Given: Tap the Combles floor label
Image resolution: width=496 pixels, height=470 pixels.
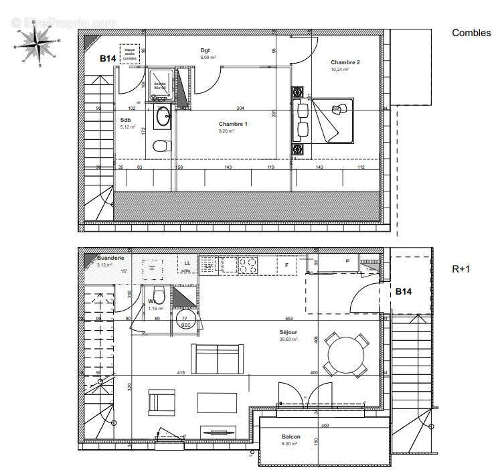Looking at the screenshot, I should pyautogui.click(x=471, y=33).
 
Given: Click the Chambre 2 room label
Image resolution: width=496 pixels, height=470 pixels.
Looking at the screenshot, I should pyautogui.click(x=345, y=63).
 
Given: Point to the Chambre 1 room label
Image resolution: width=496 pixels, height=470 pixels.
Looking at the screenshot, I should pyautogui.click(x=233, y=125).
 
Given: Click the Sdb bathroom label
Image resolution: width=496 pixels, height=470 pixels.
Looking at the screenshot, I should pyautogui.click(x=125, y=121).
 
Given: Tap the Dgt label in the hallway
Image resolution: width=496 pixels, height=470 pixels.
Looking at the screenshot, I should pyautogui.click(x=205, y=51).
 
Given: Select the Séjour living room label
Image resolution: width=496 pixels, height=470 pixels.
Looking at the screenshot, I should pyautogui.click(x=288, y=332).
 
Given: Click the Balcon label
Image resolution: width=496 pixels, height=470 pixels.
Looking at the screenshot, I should pyautogui.click(x=291, y=437).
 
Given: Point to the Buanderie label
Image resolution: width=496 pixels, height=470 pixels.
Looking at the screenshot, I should pyautogui.click(x=109, y=257).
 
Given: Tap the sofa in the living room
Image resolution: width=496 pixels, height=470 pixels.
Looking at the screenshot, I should pyautogui.click(x=216, y=359).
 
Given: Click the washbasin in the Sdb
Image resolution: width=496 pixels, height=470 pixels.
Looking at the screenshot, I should pyautogui.click(x=163, y=118).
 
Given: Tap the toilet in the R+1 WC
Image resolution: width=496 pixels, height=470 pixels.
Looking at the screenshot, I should pyautogui.click(x=159, y=295).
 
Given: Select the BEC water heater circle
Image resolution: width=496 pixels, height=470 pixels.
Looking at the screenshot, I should pyautogui.click(x=185, y=321).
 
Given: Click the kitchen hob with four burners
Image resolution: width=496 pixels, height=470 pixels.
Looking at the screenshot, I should pyautogui.click(x=247, y=265).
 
